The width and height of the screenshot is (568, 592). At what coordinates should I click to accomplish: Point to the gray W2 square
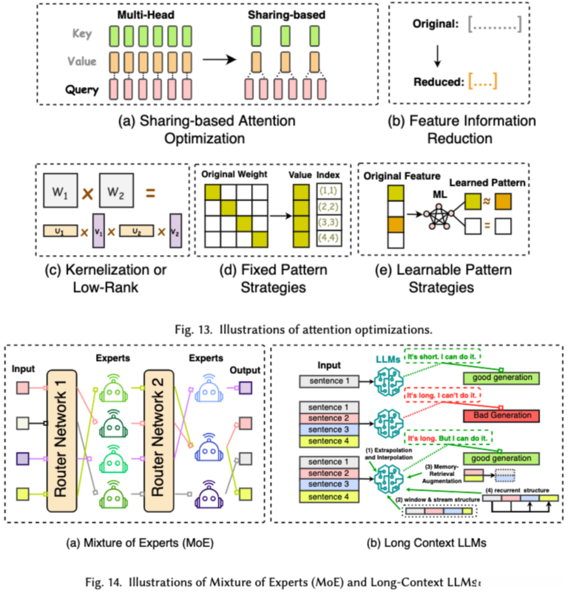click(x=119, y=187)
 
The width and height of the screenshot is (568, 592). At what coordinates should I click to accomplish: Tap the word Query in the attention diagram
click(x=82, y=89)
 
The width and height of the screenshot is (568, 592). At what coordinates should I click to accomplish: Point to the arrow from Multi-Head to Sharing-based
click(x=218, y=59)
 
